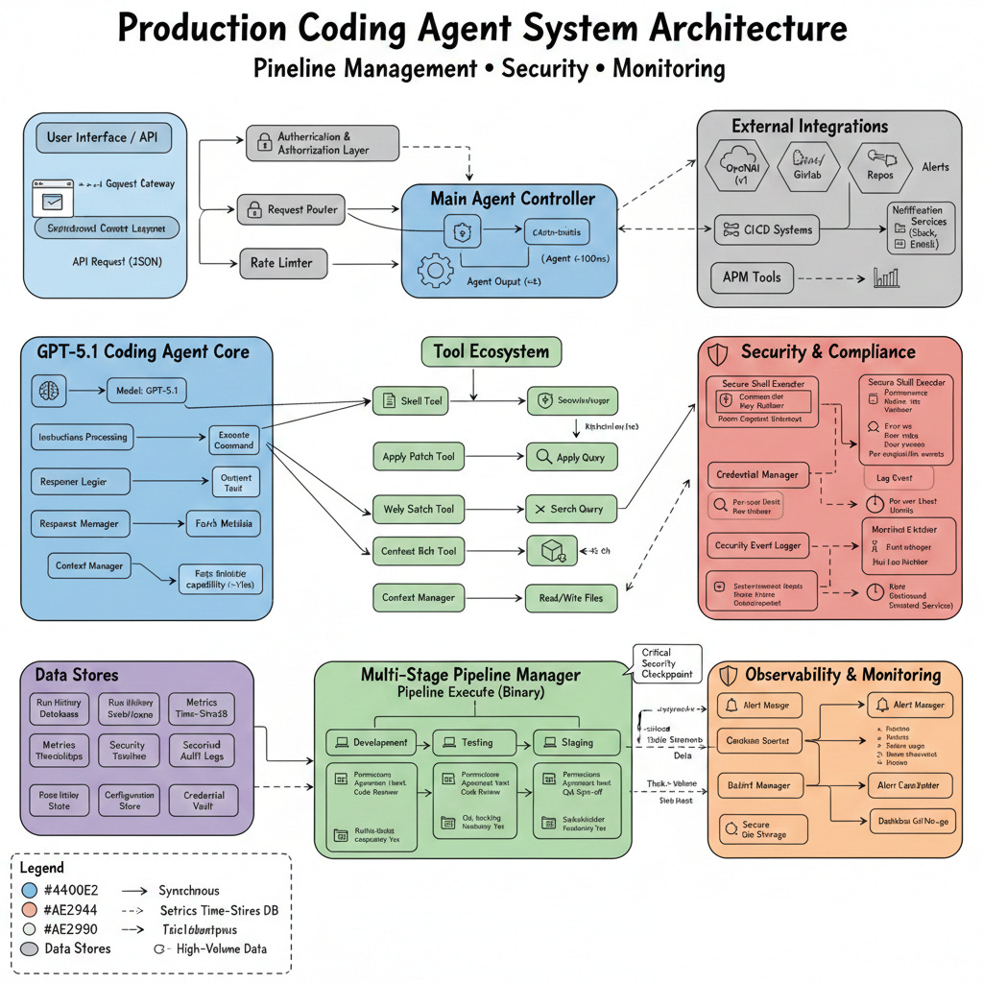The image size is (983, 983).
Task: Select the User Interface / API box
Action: (101, 137)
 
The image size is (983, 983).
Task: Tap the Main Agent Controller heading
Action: (512, 199)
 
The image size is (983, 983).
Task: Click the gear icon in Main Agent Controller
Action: (436, 272)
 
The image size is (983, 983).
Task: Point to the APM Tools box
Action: (752, 277)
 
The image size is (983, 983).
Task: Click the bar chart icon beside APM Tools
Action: (885, 278)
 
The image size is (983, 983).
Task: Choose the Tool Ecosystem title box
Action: (491, 351)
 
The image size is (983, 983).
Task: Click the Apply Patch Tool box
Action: (419, 457)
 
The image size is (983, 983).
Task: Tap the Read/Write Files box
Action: (571, 598)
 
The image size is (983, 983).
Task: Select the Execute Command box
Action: (234, 439)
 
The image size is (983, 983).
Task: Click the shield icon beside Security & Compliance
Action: (717, 352)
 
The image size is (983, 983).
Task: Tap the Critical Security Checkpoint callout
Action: (668, 662)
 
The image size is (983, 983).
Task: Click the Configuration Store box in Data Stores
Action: (129, 801)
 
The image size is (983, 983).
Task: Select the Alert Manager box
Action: (910, 705)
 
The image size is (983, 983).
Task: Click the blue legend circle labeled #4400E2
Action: (29, 891)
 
